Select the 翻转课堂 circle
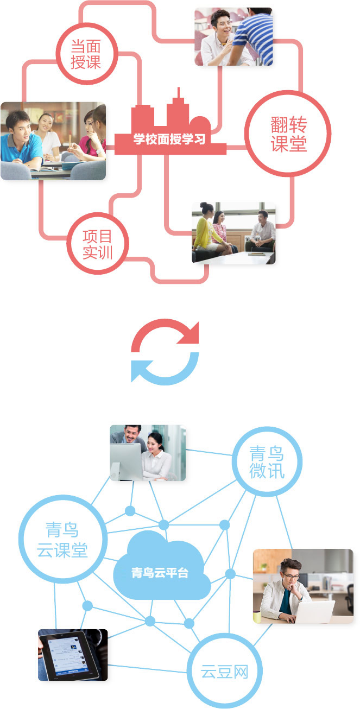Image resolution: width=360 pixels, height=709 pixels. click(x=288, y=92)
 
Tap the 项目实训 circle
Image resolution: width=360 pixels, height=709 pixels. click(x=98, y=214)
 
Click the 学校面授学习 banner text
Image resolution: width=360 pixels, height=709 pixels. click(x=169, y=139)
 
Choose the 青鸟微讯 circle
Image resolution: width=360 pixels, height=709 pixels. click(x=267, y=428)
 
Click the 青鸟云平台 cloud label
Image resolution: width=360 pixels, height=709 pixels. click(x=160, y=573)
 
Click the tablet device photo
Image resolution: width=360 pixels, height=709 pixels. click(x=73, y=655)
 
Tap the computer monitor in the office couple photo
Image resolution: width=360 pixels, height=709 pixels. click(x=127, y=461)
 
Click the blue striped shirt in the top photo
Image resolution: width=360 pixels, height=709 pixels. click(x=255, y=38)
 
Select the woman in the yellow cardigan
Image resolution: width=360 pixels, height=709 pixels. click(x=207, y=233)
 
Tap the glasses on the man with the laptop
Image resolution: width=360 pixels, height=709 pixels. click(x=290, y=576)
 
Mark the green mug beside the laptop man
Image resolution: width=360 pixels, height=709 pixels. click(x=257, y=616)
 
